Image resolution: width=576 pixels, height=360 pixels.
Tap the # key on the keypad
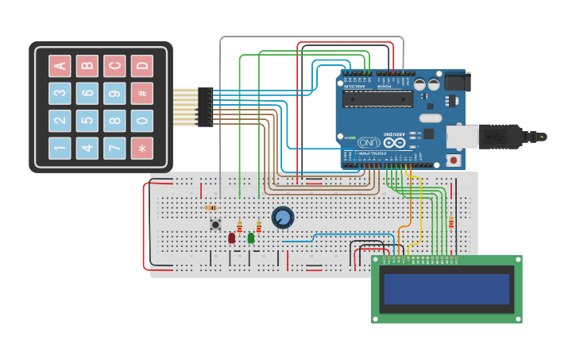click(x=142, y=93)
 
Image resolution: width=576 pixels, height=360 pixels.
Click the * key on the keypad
click(x=142, y=148)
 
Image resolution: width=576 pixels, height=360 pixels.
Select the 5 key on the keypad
click(x=87, y=121)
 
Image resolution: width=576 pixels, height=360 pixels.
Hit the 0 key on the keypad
click(x=142, y=121)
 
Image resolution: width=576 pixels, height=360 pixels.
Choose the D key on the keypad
click(x=142, y=66)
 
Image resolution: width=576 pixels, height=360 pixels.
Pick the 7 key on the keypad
click(x=114, y=148)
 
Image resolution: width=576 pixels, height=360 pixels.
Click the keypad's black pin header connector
click(x=205, y=107)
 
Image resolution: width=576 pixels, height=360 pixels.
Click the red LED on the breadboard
click(x=231, y=238)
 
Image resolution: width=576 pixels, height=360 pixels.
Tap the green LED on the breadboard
click(x=251, y=237)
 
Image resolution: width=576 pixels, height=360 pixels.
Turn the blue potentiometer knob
click(x=282, y=217)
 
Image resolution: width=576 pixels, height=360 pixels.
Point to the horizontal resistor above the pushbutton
click(x=211, y=207)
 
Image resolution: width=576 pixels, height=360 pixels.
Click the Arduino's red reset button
click(x=454, y=160)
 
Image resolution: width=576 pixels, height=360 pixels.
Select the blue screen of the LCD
click(x=446, y=289)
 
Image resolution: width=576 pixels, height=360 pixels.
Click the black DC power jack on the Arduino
click(x=456, y=82)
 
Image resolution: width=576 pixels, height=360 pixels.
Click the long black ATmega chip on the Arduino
click(x=377, y=99)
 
